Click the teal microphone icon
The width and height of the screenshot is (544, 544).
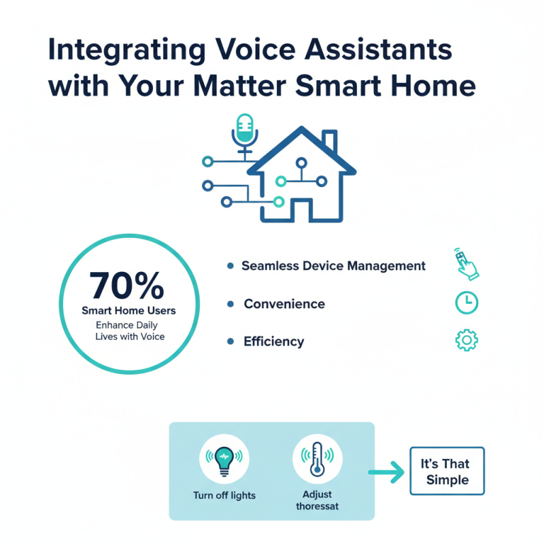243,129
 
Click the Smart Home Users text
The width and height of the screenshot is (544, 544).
129,311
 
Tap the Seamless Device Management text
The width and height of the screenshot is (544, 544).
333,266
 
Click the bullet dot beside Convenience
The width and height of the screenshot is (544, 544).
230,303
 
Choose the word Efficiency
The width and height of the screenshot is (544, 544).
273,341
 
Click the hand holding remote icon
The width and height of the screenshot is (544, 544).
466,264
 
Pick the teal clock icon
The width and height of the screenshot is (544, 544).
466,303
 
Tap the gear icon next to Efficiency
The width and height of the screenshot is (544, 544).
466,340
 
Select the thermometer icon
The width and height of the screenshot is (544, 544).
317,461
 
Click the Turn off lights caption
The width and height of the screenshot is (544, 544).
224,495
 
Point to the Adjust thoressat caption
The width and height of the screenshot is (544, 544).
317,501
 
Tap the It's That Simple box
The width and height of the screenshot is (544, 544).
447,471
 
